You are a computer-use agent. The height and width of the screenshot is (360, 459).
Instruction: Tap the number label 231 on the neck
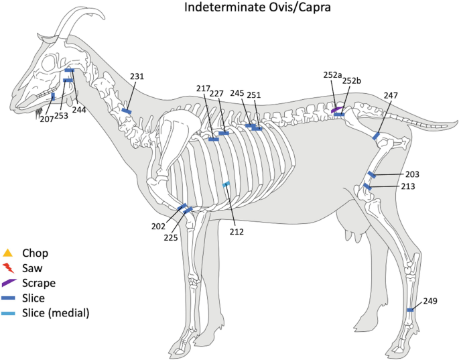(x=137, y=77)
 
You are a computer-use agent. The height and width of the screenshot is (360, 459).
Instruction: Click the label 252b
(x=352, y=81)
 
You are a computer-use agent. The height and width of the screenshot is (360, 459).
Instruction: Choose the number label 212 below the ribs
(x=235, y=232)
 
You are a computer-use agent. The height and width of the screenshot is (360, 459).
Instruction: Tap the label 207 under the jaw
(x=46, y=119)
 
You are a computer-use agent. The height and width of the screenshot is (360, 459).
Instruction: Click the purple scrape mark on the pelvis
(x=336, y=109)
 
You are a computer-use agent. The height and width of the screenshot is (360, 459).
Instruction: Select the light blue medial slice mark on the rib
(x=226, y=184)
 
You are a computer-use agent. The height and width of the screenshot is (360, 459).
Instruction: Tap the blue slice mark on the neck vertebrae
(x=126, y=111)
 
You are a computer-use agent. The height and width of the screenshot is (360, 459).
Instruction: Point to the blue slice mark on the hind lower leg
(x=410, y=310)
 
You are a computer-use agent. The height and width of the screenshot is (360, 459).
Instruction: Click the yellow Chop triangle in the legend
(x=8, y=253)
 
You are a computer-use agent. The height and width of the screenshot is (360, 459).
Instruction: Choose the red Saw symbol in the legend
(x=8, y=268)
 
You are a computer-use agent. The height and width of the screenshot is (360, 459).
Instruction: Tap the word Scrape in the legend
(x=39, y=283)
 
